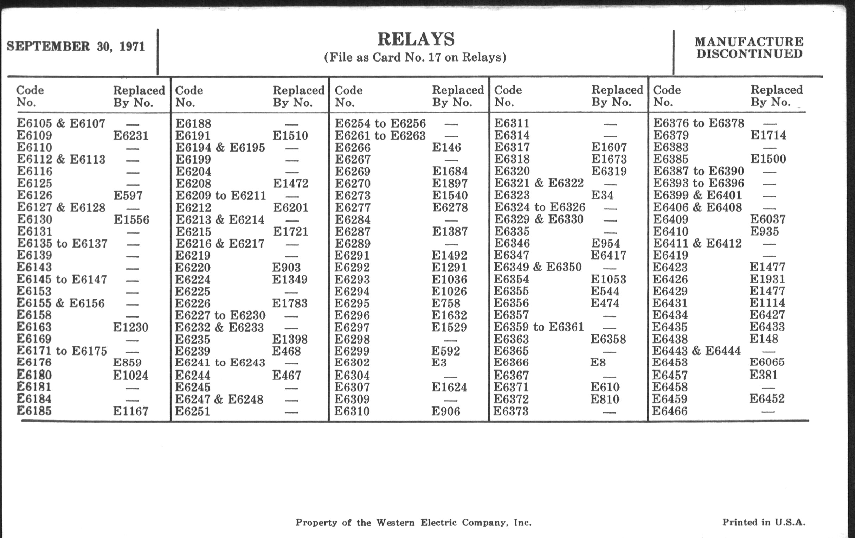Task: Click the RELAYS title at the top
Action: click(416, 39)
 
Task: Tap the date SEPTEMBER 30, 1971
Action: click(76, 46)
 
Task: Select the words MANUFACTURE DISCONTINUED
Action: click(749, 48)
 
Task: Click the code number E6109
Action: click(34, 135)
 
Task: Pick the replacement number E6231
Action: click(131, 136)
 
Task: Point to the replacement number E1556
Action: click(131, 220)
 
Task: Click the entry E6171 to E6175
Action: click(62, 351)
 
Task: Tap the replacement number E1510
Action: click(290, 136)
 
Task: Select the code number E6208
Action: click(193, 184)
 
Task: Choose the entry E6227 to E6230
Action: click(220, 315)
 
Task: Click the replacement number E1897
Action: click(450, 184)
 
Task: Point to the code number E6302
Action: click(352, 363)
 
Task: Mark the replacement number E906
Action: click(446, 411)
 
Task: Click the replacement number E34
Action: click(602, 195)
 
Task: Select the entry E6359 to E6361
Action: click(539, 327)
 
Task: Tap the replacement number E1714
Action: click(769, 135)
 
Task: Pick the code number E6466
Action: click(670, 411)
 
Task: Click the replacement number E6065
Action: click(767, 362)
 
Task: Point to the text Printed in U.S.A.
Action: click(764, 522)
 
